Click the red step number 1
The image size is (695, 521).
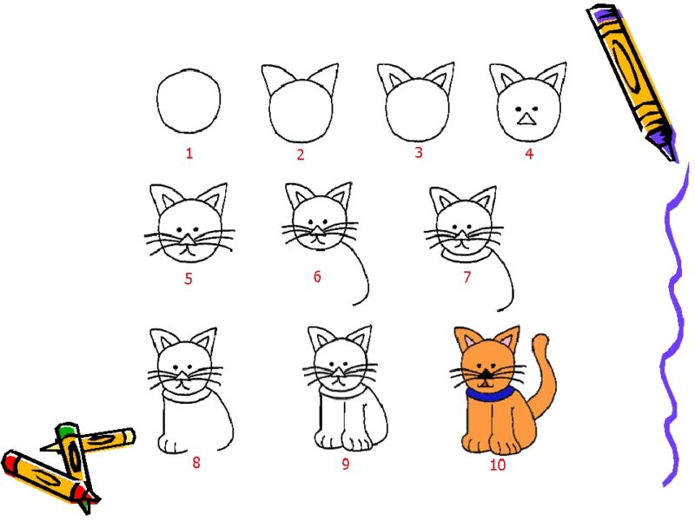pyautogui.click(x=189, y=154)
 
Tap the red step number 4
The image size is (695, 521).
pyautogui.click(x=529, y=154)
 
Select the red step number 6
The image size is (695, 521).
pyautogui.click(x=317, y=276)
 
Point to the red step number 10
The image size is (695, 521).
pyautogui.click(x=497, y=465)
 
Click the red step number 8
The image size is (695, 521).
pyautogui.click(x=196, y=463)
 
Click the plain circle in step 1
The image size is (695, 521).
pyautogui.click(x=189, y=101)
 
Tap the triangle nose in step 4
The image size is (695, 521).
pyautogui.click(x=526, y=119)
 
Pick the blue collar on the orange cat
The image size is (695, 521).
pyautogui.click(x=489, y=394)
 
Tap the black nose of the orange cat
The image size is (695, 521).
pyautogui.click(x=486, y=374)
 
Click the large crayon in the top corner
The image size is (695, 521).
pyautogui.click(x=633, y=82)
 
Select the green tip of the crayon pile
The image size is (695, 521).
pyautogui.click(x=67, y=429)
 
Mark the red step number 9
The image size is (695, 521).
pyautogui.click(x=345, y=464)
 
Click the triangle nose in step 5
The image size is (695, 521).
pyautogui.click(x=189, y=240)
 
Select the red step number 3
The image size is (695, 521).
pyautogui.click(x=419, y=153)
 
